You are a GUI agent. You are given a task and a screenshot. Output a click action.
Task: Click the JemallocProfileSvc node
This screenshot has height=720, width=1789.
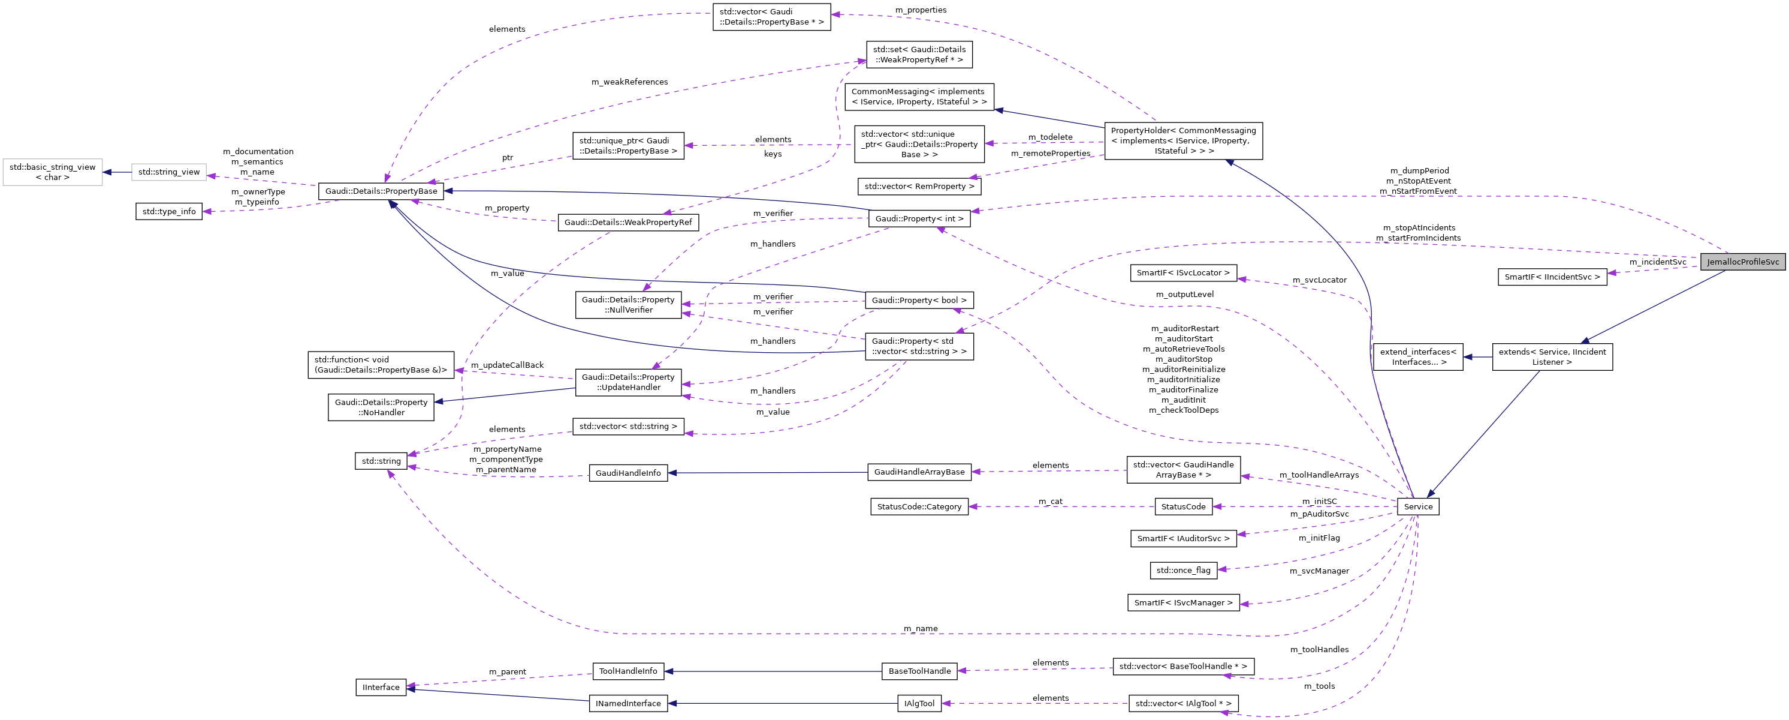pos(1742,262)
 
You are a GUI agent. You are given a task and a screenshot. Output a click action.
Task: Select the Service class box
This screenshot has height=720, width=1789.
pos(1417,506)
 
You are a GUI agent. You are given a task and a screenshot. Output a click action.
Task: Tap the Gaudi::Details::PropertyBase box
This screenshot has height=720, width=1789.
pos(381,191)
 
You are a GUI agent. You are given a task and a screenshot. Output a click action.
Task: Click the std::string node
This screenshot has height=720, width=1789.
pos(381,461)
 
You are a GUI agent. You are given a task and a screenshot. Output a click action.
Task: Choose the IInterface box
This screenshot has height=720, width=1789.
pos(381,688)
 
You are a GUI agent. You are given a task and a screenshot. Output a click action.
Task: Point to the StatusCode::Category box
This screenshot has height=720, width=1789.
pos(919,506)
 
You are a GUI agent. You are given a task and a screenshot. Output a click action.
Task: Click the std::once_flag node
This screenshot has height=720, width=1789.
pos(1182,570)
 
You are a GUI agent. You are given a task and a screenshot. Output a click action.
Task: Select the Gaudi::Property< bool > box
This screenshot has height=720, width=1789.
pos(919,300)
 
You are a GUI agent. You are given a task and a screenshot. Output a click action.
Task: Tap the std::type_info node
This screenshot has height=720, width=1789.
pos(169,211)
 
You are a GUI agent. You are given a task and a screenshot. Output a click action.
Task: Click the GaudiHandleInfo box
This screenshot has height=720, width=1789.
pos(628,473)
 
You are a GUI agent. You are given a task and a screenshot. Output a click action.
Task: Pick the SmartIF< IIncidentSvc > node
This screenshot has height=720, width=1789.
pos(1552,277)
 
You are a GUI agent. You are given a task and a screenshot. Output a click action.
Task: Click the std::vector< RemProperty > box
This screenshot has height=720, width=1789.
pos(919,186)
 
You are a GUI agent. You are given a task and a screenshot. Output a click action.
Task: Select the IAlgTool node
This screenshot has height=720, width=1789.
pos(919,703)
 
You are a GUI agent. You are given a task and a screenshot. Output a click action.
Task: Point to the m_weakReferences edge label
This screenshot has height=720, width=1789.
pos(629,82)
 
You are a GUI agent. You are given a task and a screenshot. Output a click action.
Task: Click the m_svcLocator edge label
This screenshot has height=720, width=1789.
pos(1319,280)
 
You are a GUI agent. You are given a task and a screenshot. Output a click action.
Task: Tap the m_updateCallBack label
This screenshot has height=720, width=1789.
pos(507,365)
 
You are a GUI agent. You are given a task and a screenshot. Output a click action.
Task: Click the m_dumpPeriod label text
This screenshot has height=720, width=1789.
pos(1419,170)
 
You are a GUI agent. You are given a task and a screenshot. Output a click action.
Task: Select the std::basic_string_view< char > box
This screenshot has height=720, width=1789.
pos(52,172)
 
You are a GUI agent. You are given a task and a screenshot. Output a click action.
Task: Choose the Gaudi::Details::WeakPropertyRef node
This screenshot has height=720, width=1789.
pos(628,223)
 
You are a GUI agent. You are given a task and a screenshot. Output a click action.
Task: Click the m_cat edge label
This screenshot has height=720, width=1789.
pos(1050,501)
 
